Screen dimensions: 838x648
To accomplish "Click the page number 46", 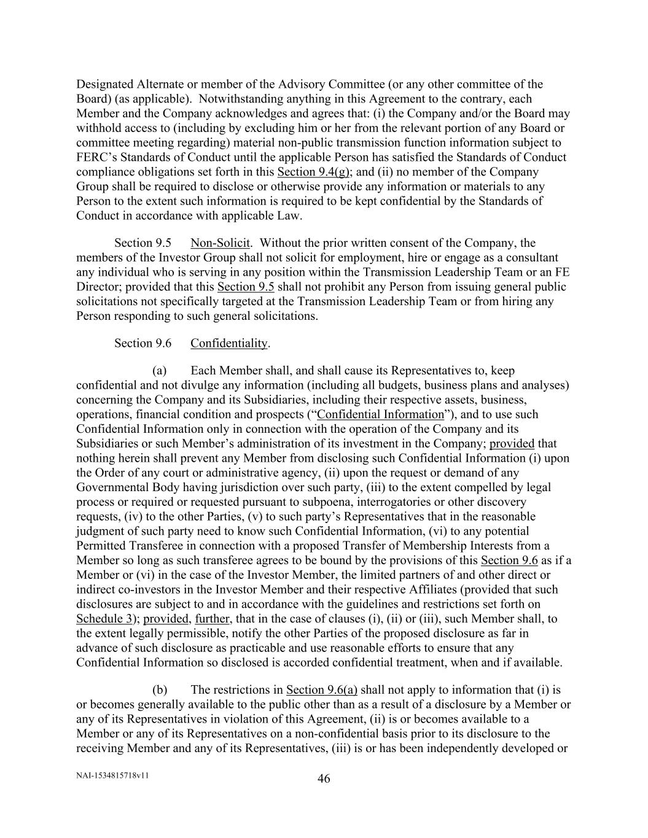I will [x=324, y=779].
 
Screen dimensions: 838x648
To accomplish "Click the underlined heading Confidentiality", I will [x=229, y=343].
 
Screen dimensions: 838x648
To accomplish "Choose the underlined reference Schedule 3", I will [x=105, y=619].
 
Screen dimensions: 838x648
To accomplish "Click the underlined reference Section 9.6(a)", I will [x=322, y=690].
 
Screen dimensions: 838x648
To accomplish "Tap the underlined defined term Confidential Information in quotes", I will [x=380, y=414].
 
